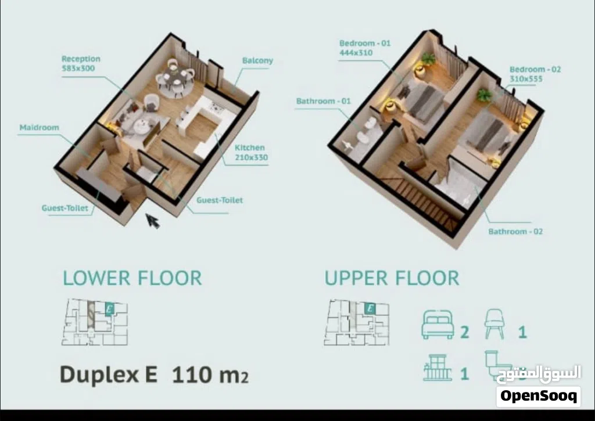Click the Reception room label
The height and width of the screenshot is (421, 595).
pyautogui.click(x=81, y=59)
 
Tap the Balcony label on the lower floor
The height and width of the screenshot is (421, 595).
pyautogui.click(x=257, y=61)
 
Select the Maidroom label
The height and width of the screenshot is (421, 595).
pyautogui.click(x=39, y=127)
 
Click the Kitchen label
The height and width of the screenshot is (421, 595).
pyautogui.click(x=249, y=147)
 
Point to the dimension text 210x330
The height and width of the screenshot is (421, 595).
pyautogui.click(x=251, y=157)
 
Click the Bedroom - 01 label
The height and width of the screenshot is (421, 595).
pyautogui.click(x=365, y=43)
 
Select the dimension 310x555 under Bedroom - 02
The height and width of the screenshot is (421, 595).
pyautogui.click(x=526, y=79)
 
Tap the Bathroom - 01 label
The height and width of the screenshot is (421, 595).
pyautogui.click(x=323, y=101)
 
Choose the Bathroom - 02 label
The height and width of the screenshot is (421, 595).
pyautogui.click(x=515, y=231)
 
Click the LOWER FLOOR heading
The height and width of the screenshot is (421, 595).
pyautogui.click(x=132, y=278)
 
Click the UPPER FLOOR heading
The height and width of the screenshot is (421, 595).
pyautogui.click(x=392, y=278)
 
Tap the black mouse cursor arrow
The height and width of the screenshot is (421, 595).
pyautogui.click(x=153, y=220)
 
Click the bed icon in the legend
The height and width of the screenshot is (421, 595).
pyautogui.click(x=438, y=325)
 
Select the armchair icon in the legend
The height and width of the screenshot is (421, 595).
pyautogui.click(x=494, y=324)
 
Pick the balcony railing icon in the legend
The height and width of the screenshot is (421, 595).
pyautogui.click(x=438, y=368)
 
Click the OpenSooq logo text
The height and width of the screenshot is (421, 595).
pyautogui.click(x=539, y=396)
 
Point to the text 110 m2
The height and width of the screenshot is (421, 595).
pyautogui.click(x=210, y=375)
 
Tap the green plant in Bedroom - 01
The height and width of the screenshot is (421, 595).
pyautogui.click(x=428, y=59)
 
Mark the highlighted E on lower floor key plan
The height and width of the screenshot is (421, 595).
pyautogui.click(x=109, y=308)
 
